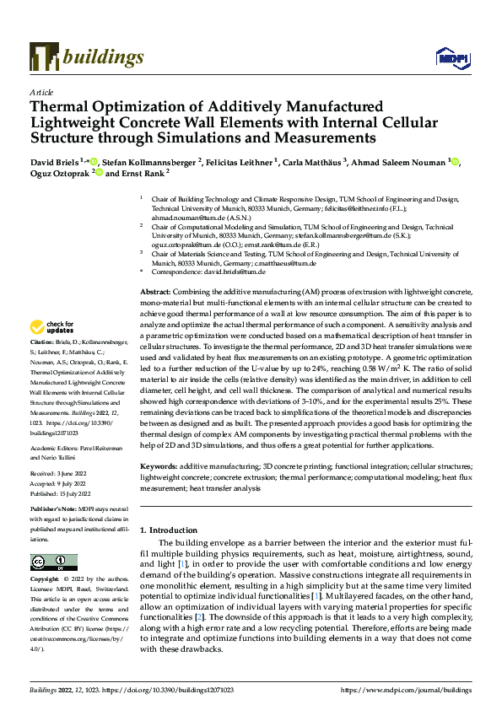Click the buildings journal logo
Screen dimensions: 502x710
click(86, 56)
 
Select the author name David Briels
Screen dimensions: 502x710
click(52, 161)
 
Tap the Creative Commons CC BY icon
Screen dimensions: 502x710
click(48, 562)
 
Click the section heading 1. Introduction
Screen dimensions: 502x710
click(172, 530)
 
